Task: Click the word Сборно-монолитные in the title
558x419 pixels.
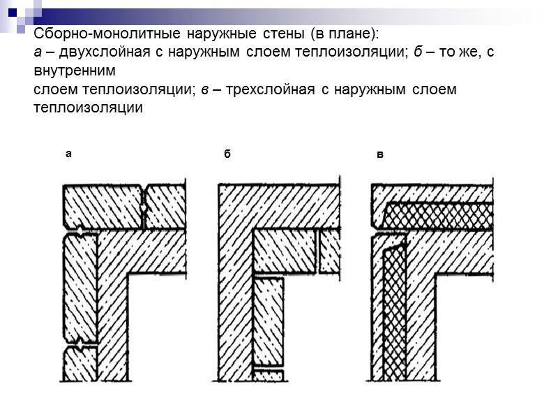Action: coord(90,34)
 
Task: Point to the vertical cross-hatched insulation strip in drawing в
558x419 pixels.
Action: coord(393,307)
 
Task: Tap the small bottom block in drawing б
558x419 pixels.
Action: coord(268,374)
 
